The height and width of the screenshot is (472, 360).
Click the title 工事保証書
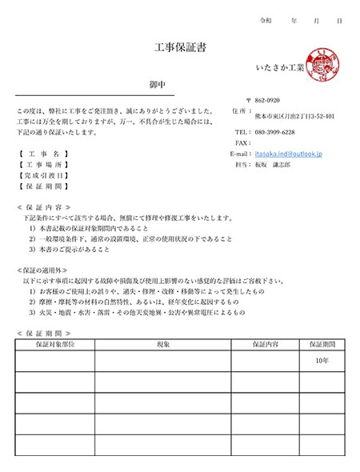click(x=179, y=49)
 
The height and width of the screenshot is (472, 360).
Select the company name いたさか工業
click(x=278, y=69)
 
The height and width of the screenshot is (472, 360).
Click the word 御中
click(x=158, y=85)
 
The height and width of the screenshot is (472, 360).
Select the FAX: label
click(x=243, y=142)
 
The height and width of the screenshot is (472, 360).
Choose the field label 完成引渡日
click(x=44, y=174)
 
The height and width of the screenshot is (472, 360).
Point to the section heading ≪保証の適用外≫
click(x=48, y=270)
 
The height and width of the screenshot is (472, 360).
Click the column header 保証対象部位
click(x=54, y=344)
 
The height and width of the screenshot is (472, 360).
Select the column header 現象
click(x=162, y=344)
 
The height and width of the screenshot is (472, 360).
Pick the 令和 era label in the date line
click(x=267, y=19)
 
